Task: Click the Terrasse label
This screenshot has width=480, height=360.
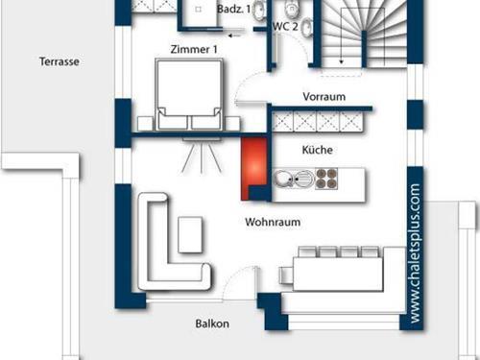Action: tap(59, 60)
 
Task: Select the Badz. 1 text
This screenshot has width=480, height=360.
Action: tap(233, 9)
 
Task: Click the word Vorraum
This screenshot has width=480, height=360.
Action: tap(324, 97)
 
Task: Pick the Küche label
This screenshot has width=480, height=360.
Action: tap(318, 152)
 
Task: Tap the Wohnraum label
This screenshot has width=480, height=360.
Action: tap(273, 222)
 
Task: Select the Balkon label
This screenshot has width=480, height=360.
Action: tap(211, 324)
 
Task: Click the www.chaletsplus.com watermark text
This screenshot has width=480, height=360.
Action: tap(414, 253)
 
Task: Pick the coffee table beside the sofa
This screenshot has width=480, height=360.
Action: tap(190, 232)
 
